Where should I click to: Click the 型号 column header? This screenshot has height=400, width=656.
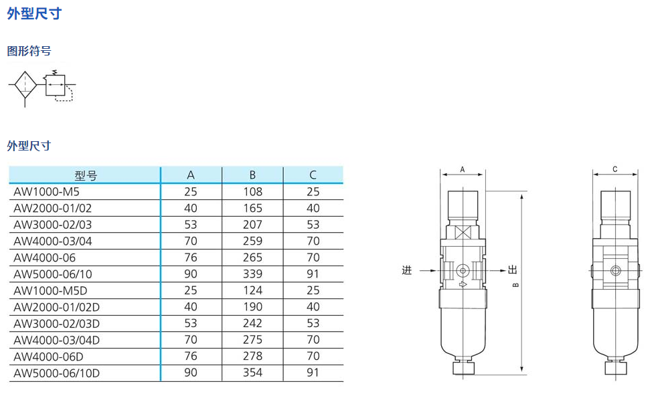pyautogui.click(x=86, y=175)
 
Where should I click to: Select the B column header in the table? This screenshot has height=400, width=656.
pyautogui.click(x=252, y=175)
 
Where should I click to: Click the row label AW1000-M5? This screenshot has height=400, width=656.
pyautogui.click(x=46, y=192)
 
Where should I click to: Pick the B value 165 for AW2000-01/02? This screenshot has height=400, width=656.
pyautogui.click(x=253, y=208)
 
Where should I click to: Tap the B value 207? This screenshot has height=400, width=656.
pyautogui.click(x=253, y=225)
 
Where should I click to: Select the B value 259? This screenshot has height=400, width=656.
pyautogui.click(x=253, y=241)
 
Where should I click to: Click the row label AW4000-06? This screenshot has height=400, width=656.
pyautogui.click(x=45, y=258)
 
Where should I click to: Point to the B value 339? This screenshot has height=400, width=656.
pyautogui.click(x=253, y=274)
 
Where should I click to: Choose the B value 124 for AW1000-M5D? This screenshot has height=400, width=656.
pyautogui.click(x=253, y=290)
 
